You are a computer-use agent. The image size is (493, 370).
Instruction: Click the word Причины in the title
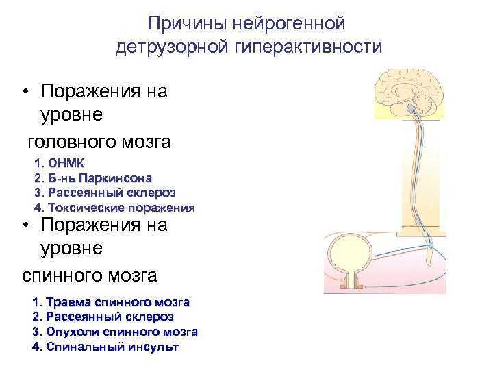pos(187,24)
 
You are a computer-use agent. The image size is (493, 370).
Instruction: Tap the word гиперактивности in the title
pos(308,47)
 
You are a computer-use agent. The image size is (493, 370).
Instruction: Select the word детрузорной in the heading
pos(172,47)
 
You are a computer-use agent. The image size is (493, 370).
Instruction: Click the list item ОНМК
pos(66,163)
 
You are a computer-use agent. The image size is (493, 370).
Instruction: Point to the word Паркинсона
pos(116,178)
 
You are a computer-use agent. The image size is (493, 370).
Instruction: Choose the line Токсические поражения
pos(121,208)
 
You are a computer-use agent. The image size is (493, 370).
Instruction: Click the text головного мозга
pos(99,143)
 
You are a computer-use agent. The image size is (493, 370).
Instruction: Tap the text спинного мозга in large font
pos(90,275)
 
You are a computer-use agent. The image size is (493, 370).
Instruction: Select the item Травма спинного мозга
pos(118,302)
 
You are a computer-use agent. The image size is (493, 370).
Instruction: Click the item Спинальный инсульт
pos(112,347)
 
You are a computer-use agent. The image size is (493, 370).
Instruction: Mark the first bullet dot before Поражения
pos(26,92)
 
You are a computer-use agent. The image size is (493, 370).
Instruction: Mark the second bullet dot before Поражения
pos(26,225)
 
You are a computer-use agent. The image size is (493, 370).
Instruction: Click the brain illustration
pos(409,93)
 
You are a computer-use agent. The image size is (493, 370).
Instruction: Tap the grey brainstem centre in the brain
pos(412,108)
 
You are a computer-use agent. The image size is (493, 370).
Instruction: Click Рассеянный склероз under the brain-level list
pos(112,193)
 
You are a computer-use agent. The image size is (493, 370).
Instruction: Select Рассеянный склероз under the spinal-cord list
pos(110,317)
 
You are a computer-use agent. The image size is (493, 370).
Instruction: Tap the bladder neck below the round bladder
pos(351,280)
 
